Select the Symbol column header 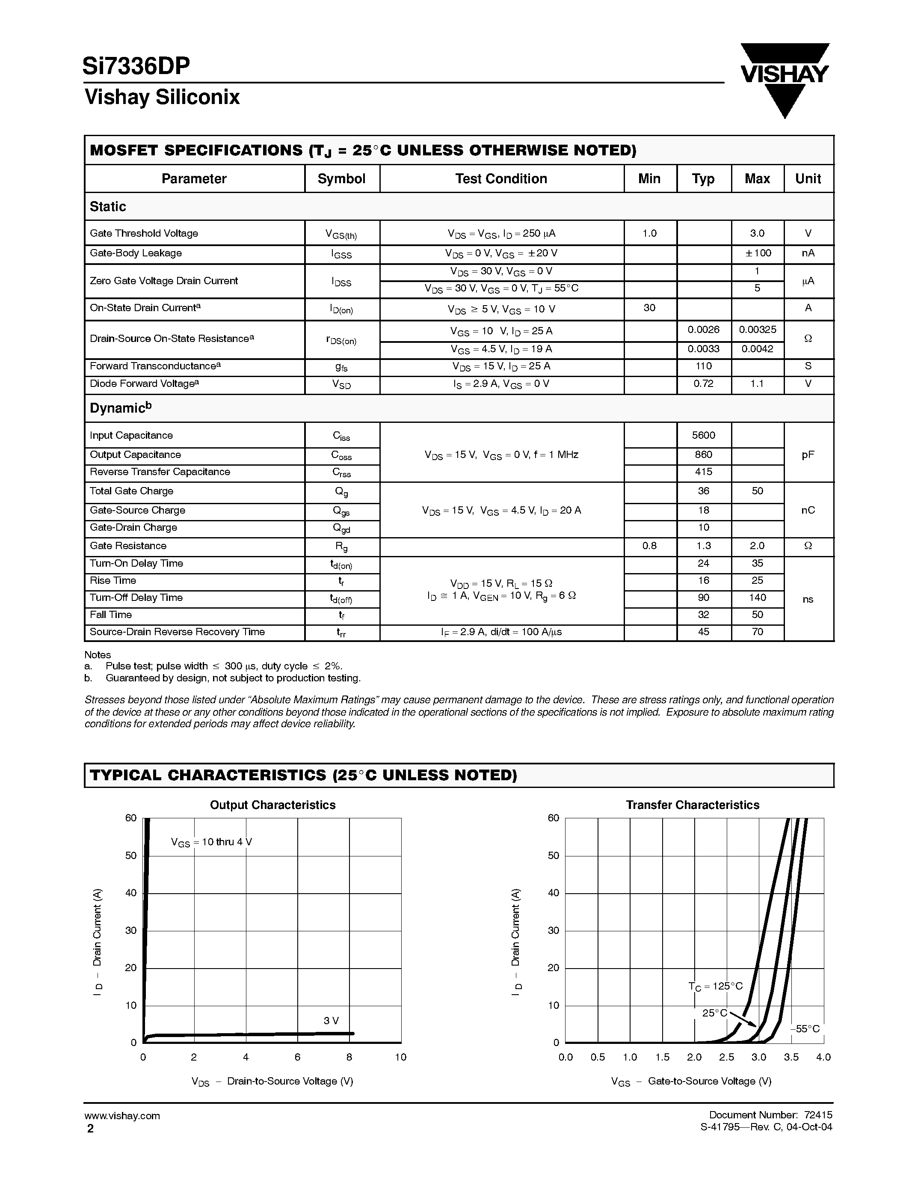pyautogui.click(x=341, y=179)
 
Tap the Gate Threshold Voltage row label pyautogui.click(x=144, y=233)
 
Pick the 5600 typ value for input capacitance pyautogui.click(x=703, y=435)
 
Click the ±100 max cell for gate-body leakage pyautogui.click(x=757, y=253)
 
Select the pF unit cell pyautogui.click(x=808, y=455)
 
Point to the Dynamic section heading pyautogui.click(x=120, y=408)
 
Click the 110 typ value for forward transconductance pyautogui.click(x=703, y=366)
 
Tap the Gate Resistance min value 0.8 pyautogui.click(x=649, y=546)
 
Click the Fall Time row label pyautogui.click(x=110, y=615)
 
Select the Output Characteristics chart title pyautogui.click(x=272, y=805)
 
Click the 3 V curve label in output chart pyautogui.click(x=331, y=1021)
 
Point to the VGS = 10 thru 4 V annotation pyautogui.click(x=211, y=842)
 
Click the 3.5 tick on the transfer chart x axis pyautogui.click(x=791, y=1057)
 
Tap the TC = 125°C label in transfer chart pyautogui.click(x=715, y=986)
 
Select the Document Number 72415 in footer pyautogui.click(x=770, y=1115)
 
